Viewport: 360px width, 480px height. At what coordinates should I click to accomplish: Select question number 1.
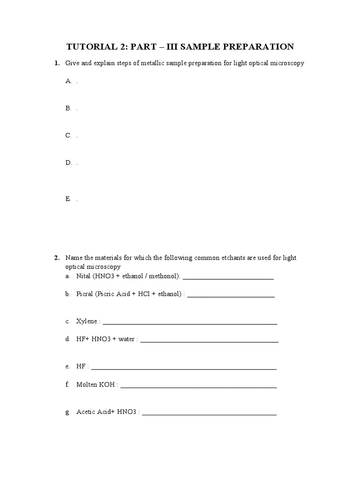pyautogui.click(x=56, y=63)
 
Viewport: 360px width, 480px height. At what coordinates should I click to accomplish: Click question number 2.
pyautogui.click(x=56, y=258)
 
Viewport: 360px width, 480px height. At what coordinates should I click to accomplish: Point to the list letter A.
pyautogui.click(x=68, y=81)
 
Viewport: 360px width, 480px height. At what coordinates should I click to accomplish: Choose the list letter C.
pyautogui.click(x=68, y=135)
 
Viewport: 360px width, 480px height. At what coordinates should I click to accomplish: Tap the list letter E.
pyautogui.click(x=68, y=199)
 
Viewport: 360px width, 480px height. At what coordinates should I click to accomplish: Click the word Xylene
pyautogui.click(x=87, y=321)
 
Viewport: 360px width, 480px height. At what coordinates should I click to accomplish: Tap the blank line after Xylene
pyautogui.click(x=190, y=323)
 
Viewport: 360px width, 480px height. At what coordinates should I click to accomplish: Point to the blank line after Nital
pyautogui.click(x=228, y=278)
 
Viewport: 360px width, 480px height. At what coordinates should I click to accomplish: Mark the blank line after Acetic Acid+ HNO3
pyautogui.click(x=209, y=414)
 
